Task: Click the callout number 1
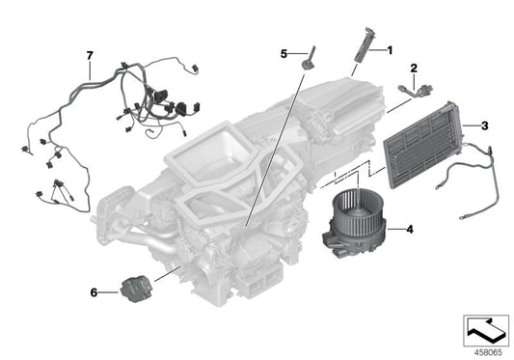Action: click(391, 48)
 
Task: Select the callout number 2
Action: click(414, 69)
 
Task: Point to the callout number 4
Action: click(411, 230)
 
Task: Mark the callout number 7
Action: click(90, 57)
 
